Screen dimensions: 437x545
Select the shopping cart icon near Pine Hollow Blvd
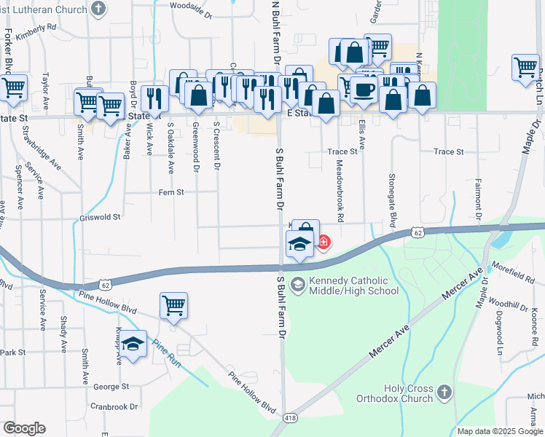(x=173, y=306)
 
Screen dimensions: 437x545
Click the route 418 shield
(x=289, y=416)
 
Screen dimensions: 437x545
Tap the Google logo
(x=24, y=428)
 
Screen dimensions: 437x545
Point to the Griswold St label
(x=101, y=217)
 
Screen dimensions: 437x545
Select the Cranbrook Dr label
(x=114, y=406)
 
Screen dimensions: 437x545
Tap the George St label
(x=111, y=387)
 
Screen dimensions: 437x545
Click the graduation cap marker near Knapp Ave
(x=133, y=344)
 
